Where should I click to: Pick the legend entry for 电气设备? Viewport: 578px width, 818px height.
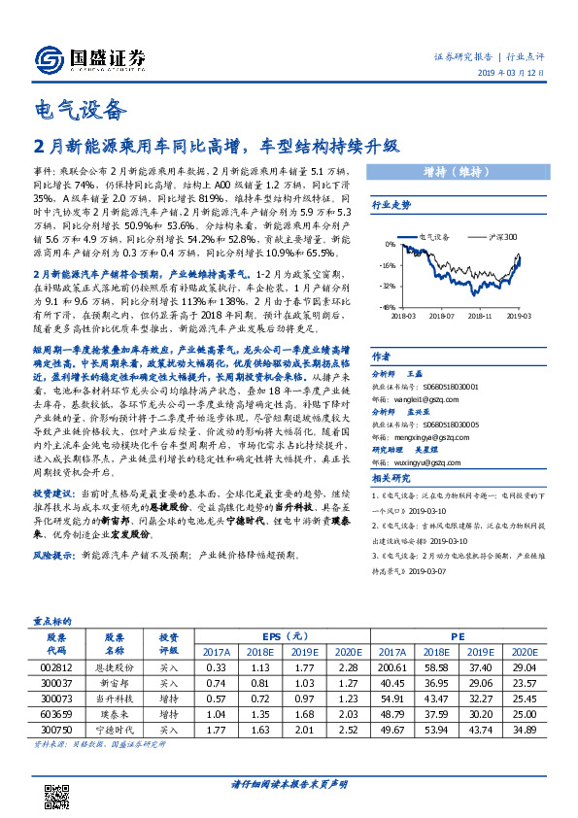433,236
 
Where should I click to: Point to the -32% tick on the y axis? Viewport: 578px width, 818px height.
388,286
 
